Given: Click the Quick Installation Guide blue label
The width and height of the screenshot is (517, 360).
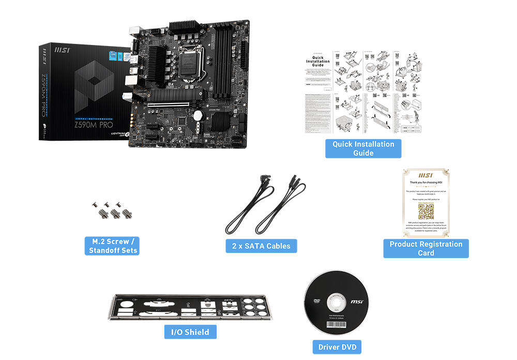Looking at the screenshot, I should [x=363, y=148].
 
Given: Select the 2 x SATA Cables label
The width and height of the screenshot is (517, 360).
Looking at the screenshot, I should [x=261, y=246].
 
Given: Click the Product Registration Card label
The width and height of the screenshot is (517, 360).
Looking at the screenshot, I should [x=425, y=248].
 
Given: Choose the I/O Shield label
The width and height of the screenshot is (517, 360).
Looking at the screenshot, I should [x=190, y=332].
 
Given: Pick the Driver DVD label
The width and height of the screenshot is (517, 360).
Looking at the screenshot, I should [x=337, y=347].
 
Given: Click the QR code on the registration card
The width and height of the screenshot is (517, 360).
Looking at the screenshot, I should [x=425, y=212].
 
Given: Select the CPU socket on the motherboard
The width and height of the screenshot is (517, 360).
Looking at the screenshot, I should [x=189, y=59].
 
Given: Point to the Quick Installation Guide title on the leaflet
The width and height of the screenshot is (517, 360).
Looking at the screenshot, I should [x=317, y=62].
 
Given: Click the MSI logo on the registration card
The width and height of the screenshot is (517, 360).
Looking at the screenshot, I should [x=425, y=175].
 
